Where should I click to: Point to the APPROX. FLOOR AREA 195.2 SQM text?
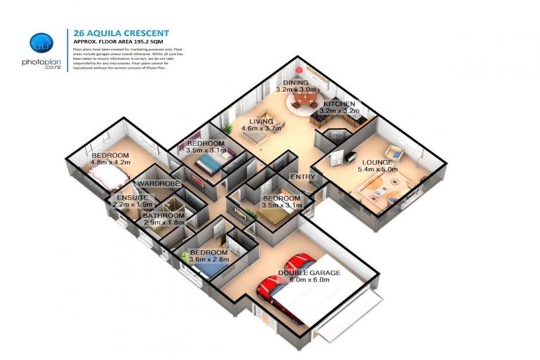(x=116, y=41)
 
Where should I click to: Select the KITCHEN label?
(x=339, y=103)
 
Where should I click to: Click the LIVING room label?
(x=261, y=121)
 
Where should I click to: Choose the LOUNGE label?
(x=378, y=161)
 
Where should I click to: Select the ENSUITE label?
(x=131, y=197)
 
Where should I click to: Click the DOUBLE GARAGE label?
(x=309, y=272)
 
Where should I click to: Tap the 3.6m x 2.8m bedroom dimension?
(x=208, y=260)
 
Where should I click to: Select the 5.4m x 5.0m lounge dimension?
(x=378, y=169)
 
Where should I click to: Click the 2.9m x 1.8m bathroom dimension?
(x=162, y=223)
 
